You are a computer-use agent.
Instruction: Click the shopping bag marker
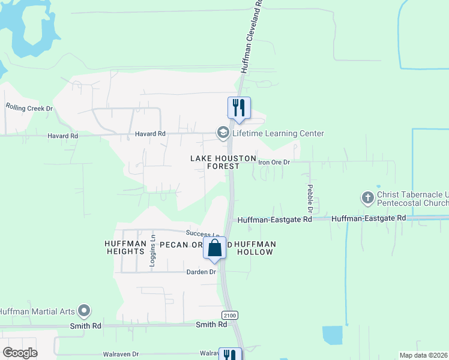click(215, 248)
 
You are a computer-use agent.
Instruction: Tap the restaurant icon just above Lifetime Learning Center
click(239, 108)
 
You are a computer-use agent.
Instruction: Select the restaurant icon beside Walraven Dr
click(230, 355)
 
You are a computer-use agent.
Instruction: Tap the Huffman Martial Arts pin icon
click(85, 311)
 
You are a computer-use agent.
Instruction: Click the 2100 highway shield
click(230, 315)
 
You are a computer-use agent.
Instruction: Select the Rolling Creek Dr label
click(29, 107)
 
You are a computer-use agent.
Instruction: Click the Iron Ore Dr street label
click(274, 162)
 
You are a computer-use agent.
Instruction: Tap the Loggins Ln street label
click(153, 244)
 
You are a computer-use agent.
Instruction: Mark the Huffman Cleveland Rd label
click(252, 36)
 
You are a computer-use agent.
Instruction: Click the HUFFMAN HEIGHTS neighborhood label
click(125, 248)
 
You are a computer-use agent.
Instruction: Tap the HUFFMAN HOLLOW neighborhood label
click(255, 248)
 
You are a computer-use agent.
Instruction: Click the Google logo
click(20, 353)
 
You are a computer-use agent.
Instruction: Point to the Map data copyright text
click(424, 355)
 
